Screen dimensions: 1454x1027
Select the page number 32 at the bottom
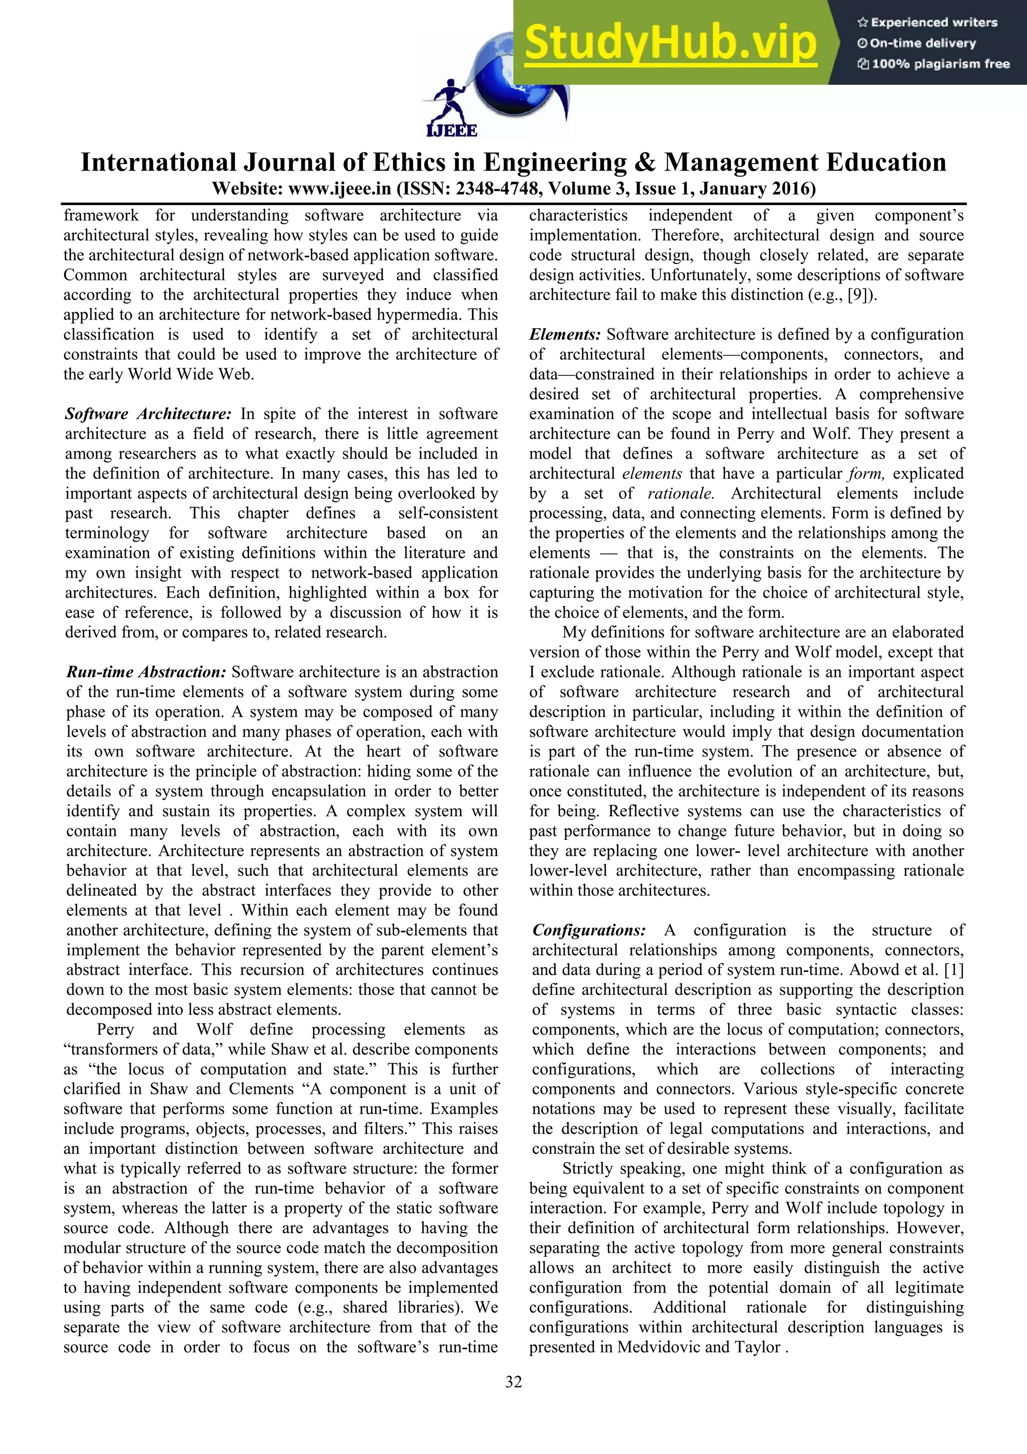[513, 1382]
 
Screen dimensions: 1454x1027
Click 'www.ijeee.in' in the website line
[340, 189]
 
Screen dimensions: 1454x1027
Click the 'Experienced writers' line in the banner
[928, 23]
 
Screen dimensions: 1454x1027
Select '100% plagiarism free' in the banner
[934, 64]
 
